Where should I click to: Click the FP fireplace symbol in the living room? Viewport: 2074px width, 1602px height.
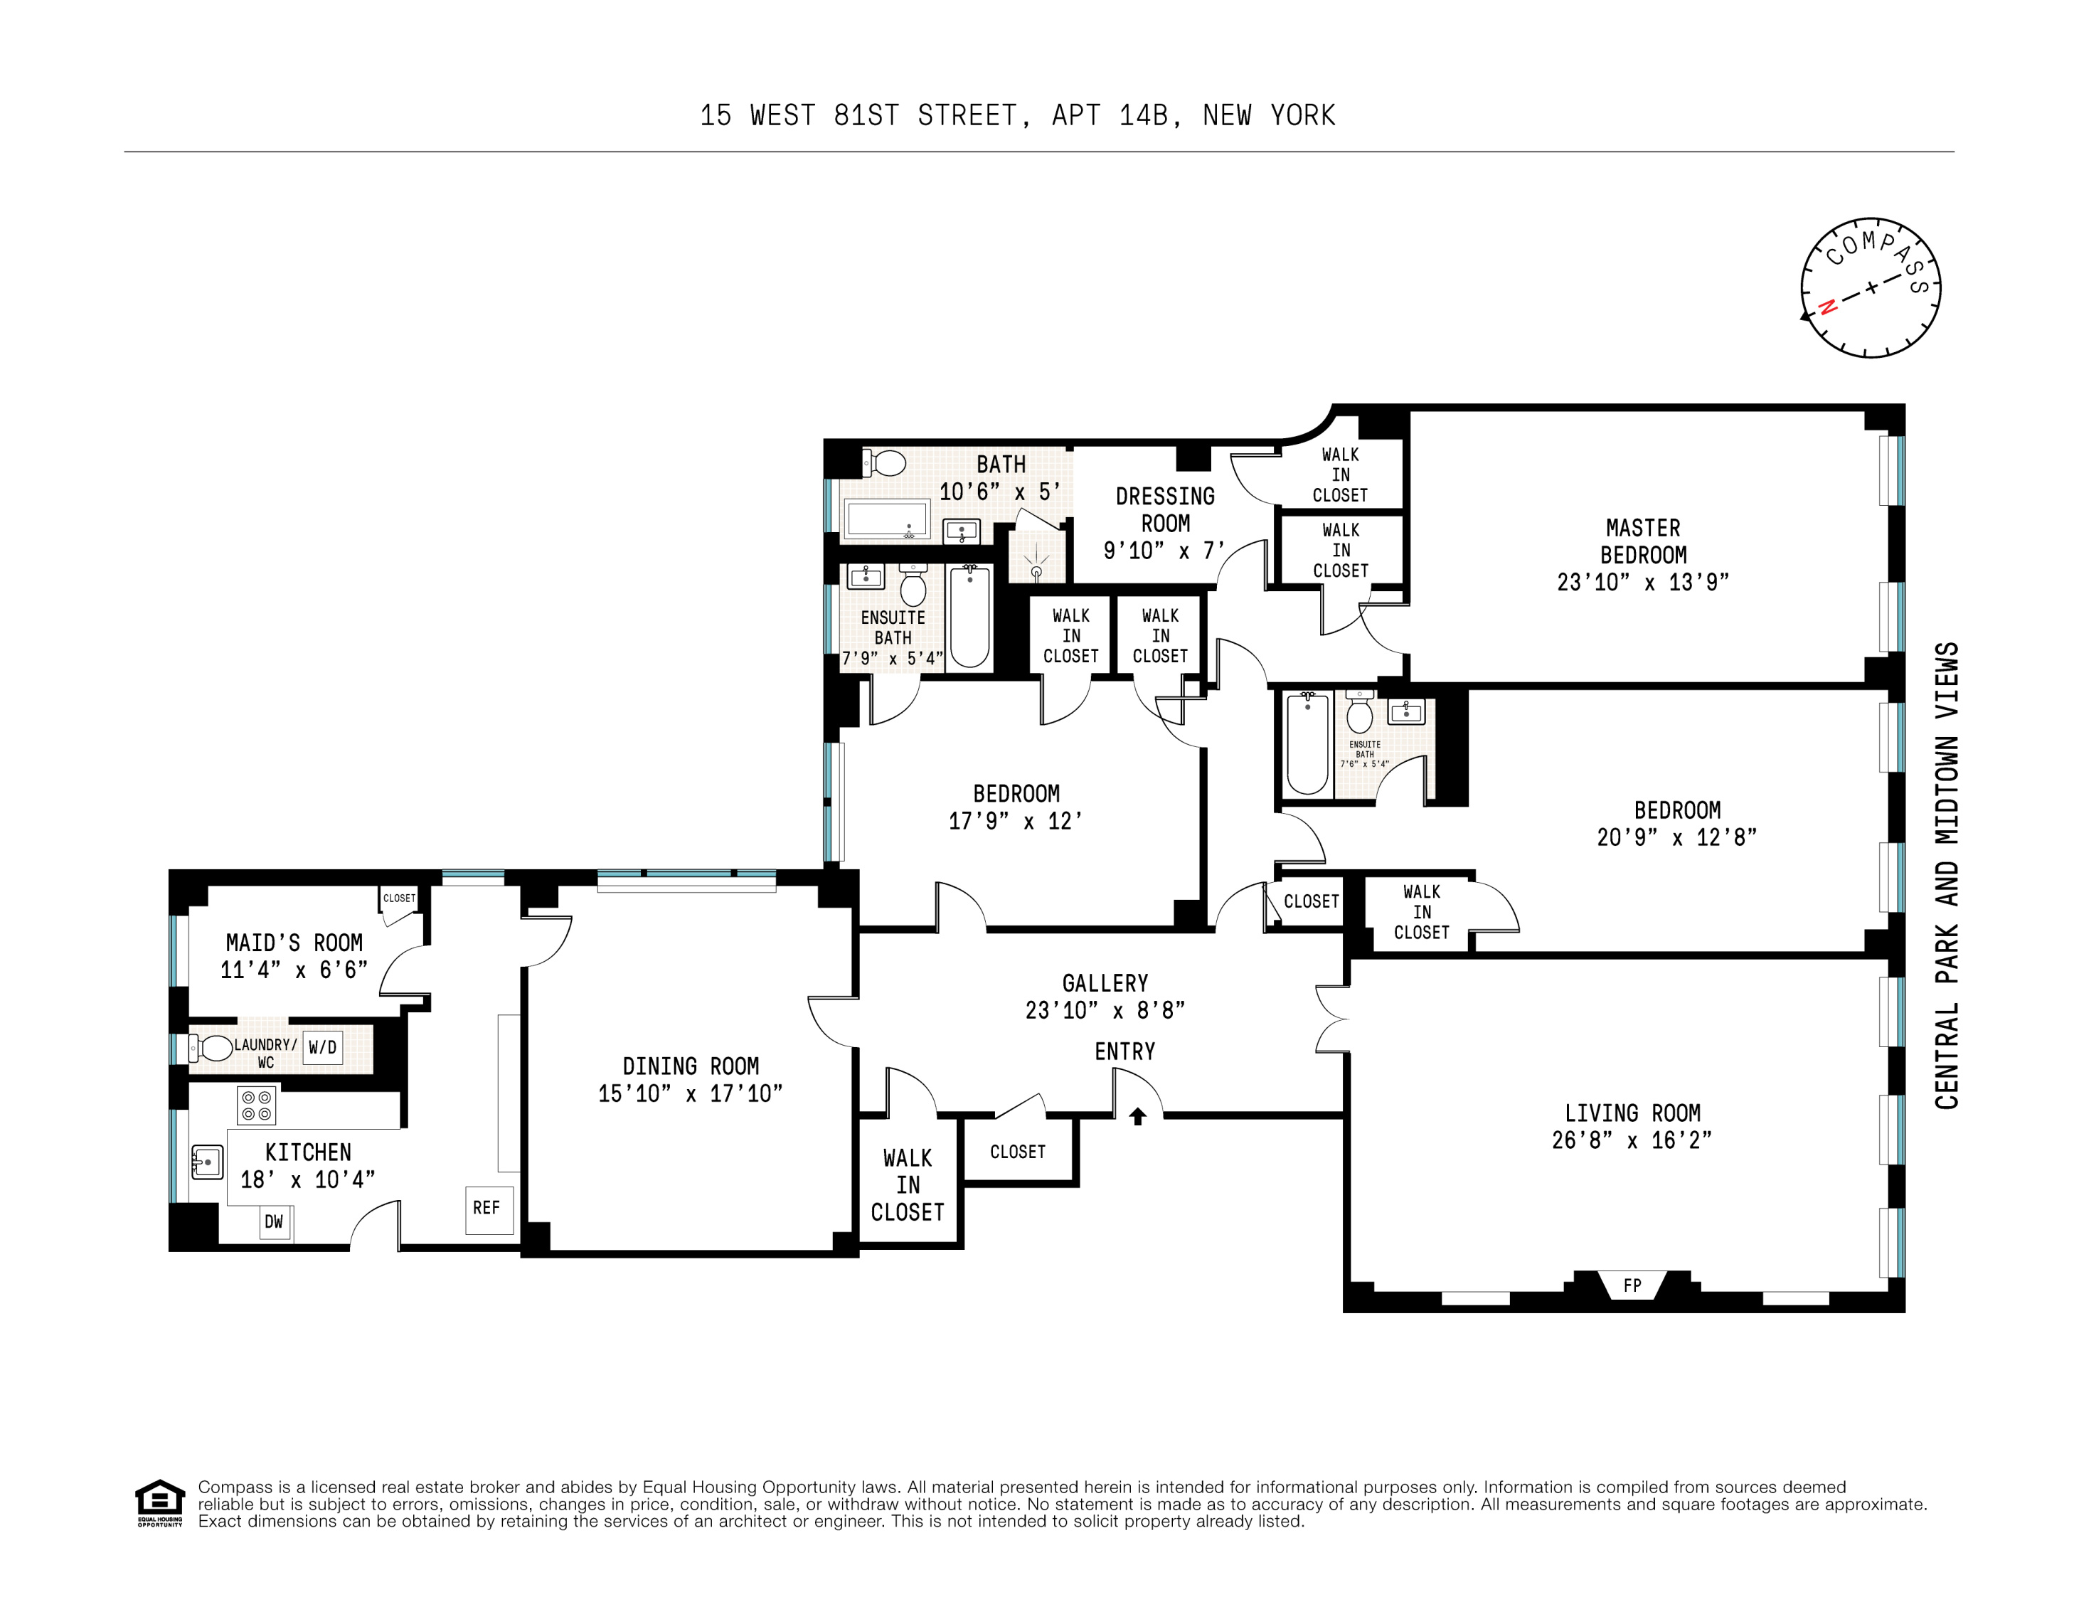1632,1285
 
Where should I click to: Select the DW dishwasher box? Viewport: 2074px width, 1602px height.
275,1222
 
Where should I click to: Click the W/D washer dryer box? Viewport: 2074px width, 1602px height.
322,1047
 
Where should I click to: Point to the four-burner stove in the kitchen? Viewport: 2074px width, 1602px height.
256,1105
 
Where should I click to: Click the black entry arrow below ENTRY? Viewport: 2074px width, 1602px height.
1138,1117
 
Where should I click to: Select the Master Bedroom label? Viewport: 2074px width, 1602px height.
1643,541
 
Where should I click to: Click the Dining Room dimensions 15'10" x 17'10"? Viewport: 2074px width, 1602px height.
691,1094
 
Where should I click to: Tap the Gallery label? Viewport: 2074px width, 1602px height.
1105,983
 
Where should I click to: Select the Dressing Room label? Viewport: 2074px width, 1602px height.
1164,510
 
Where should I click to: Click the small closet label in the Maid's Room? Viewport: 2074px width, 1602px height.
399,898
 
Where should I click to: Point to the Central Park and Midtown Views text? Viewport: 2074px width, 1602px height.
1946,874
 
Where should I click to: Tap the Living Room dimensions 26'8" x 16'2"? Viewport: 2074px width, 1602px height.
1632,1140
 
